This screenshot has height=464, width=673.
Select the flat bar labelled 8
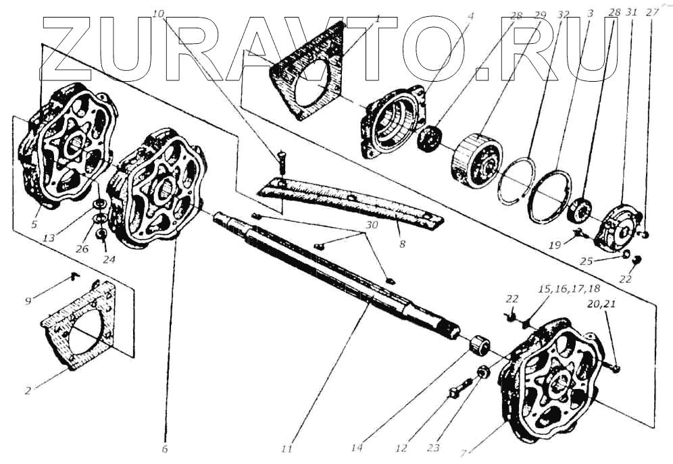tap(351, 202)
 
